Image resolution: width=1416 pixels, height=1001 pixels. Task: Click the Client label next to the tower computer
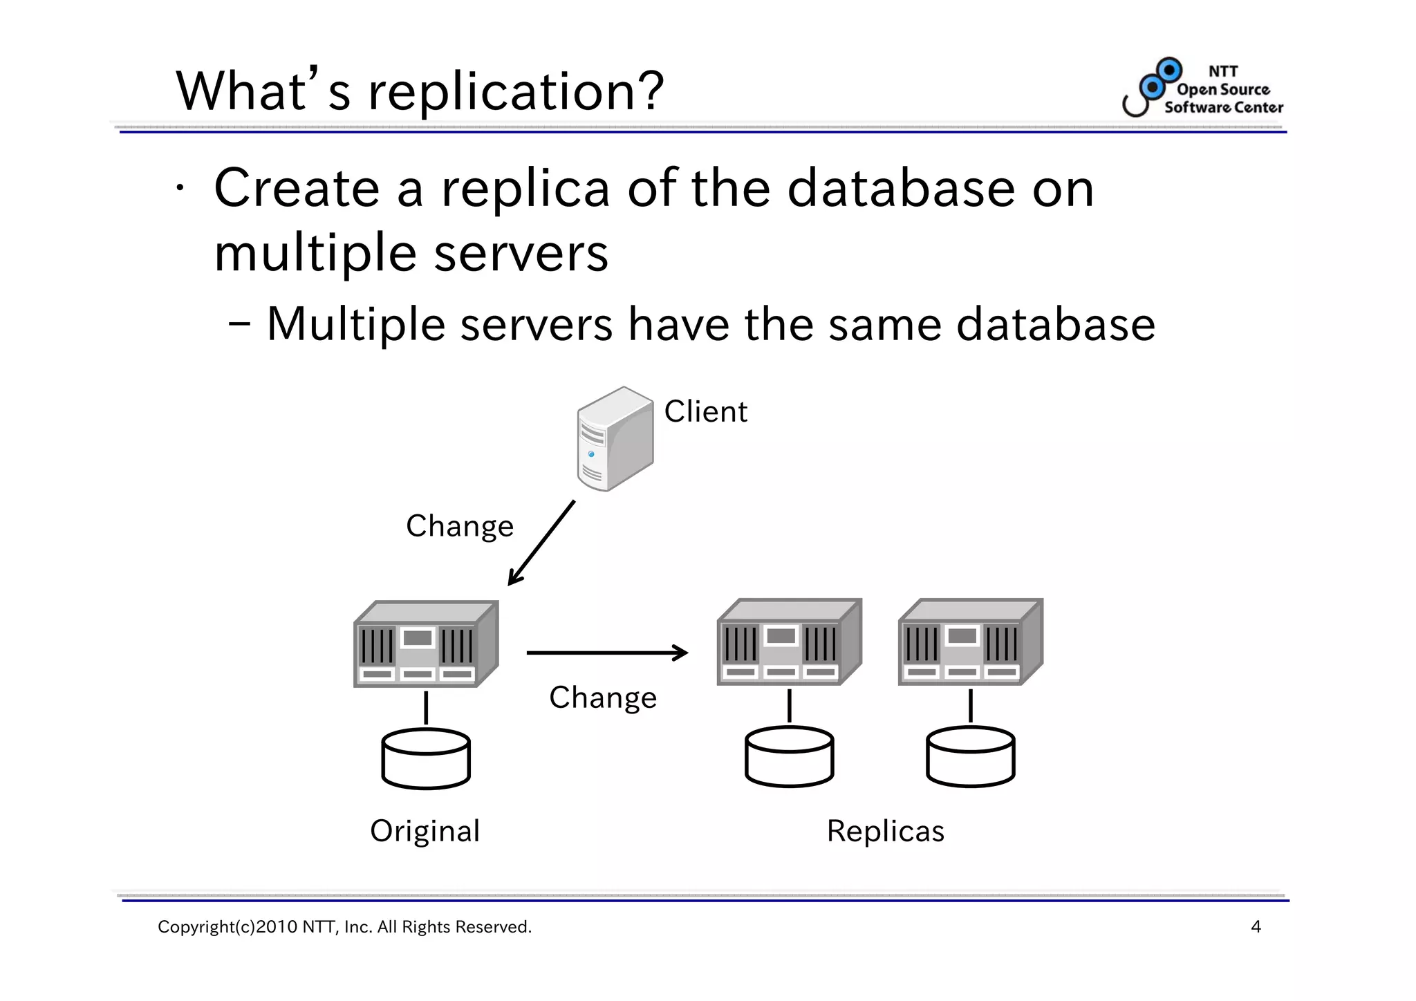(705, 412)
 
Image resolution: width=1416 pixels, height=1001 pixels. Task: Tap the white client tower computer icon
(614, 439)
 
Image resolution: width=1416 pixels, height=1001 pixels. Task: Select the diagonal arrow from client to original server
(542, 543)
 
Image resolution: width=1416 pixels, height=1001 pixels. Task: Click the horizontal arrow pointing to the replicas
(607, 653)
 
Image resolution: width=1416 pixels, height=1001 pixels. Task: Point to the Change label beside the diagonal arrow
(460, 527)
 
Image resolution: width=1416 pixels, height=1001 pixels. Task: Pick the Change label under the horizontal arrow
(603, 698)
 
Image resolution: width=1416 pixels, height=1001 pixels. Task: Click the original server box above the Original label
(425, 644)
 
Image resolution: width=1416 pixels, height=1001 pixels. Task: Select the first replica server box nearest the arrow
(788, 643)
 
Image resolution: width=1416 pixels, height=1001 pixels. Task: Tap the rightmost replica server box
(969, 643)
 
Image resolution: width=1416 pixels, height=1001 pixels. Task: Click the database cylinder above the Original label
(426, 759)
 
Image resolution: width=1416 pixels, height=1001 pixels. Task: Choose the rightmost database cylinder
(970, 757)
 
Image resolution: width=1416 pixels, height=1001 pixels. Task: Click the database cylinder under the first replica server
(789, 757)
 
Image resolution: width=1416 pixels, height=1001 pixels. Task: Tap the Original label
(425, 831)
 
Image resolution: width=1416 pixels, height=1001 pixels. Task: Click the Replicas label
(885, 831)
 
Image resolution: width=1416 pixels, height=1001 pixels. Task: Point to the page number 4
(1256, 927)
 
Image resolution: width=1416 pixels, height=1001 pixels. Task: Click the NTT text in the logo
(1222, 71)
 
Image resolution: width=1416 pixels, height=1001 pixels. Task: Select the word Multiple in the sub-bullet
(355, 325)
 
